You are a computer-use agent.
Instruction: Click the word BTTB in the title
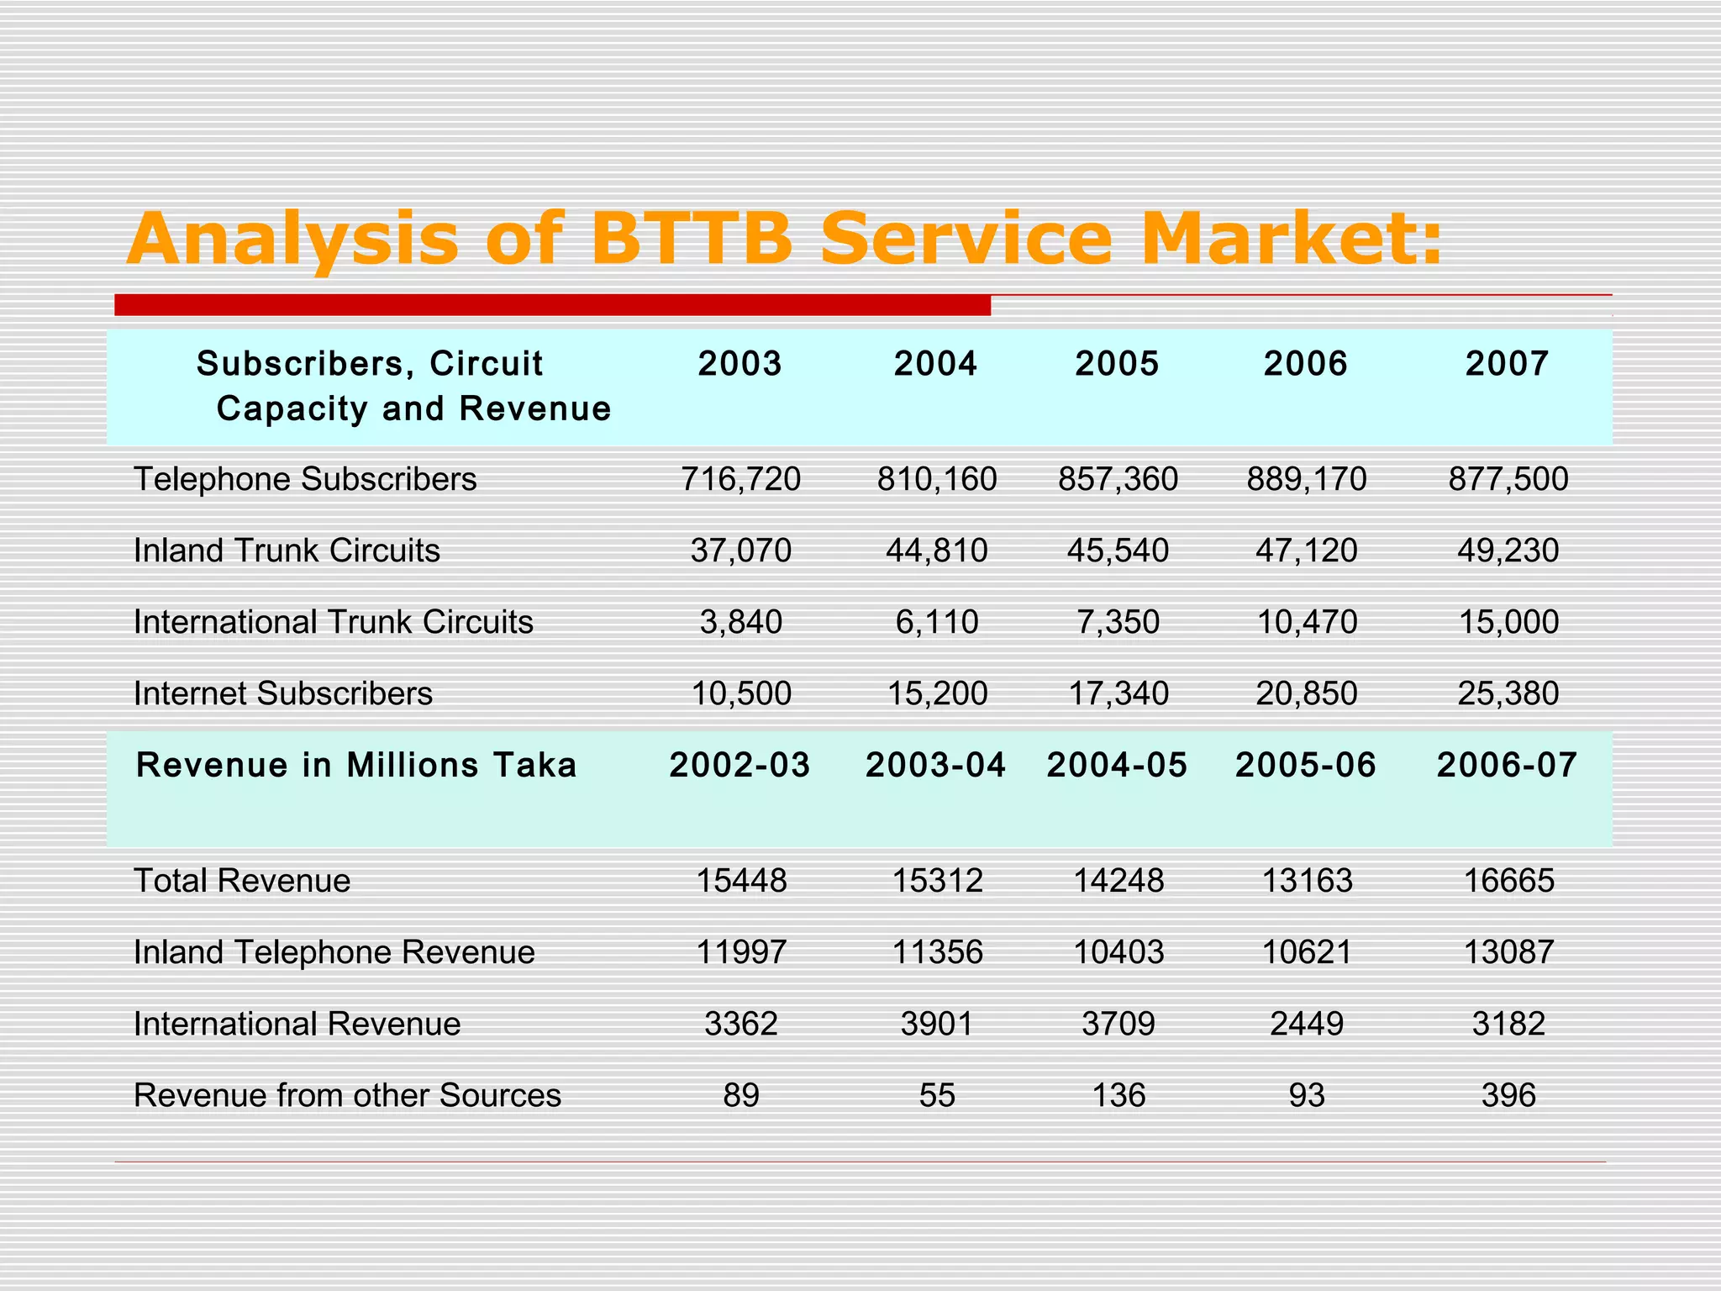point(691,239)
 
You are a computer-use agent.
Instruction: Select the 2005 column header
point(1117,363)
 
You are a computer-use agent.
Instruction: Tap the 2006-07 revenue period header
point(1507,765)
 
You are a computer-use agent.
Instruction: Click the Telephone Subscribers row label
point(305,479)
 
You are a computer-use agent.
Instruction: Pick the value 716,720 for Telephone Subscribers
point(740,479)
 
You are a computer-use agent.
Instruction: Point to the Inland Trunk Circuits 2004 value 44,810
point(936,551)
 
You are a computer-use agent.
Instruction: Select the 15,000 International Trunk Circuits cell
point(1508,622)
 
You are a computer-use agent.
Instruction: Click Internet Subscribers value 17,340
point(1118,693)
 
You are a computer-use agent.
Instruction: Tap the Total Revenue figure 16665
point(1508,881)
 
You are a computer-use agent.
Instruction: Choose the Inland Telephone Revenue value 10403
point(1118,952)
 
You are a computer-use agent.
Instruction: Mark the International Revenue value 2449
point(1307,1024)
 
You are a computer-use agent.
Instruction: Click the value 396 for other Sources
point(1508,1095)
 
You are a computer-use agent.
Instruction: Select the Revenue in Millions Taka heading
point(356,765)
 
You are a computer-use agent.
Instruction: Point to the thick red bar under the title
point(552,305)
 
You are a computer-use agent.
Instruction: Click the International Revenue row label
point(297,1024)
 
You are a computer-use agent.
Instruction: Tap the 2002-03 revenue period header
point(739,765)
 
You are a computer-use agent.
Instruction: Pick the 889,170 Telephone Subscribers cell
point(1307,479)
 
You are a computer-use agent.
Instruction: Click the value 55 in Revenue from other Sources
point(936,1095)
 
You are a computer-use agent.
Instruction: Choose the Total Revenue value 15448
point(741,881)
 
